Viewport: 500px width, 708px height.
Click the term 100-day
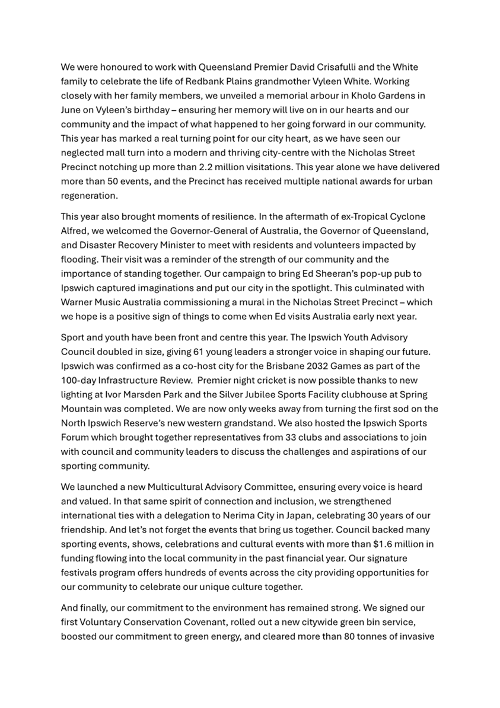79,380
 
